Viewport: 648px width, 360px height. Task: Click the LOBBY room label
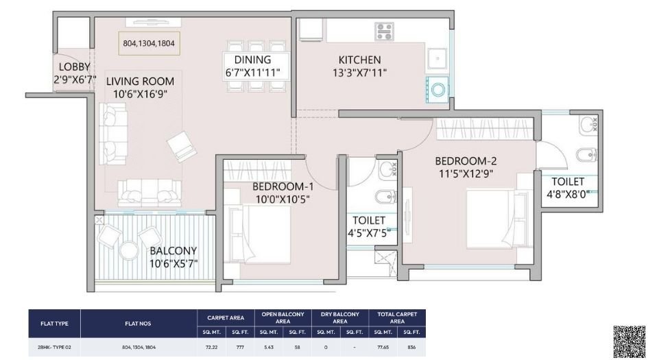point(74,67)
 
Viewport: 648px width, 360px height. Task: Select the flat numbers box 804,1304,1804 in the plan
point(149,43)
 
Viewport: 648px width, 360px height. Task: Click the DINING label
point(252,60)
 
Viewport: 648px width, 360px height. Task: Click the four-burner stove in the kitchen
point(384,31)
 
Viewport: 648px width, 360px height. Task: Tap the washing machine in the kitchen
point(437,87)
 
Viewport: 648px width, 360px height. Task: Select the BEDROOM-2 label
point(465,161)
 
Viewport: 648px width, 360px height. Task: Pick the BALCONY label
point(173,250)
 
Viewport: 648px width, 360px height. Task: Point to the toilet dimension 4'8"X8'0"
point(568,194)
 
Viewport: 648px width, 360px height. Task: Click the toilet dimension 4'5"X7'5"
point(368,233)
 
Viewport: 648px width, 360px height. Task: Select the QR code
point(629,341)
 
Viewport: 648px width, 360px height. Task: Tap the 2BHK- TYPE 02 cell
point(54,348)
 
